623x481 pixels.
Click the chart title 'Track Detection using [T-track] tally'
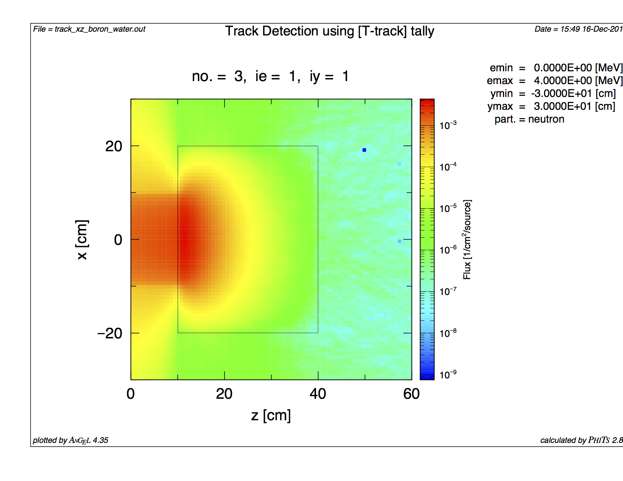click(x=329, y=31)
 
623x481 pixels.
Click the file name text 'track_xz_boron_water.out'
click(x=100, y=29)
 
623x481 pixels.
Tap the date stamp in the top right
click(x=578, y=29)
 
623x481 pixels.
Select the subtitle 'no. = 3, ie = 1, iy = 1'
click(x=270, y=76)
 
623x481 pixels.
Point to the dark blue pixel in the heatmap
click(x=364, y=150)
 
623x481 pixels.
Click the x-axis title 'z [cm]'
click(x=271, y=415)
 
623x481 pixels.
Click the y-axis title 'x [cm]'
click(x=82, y=240)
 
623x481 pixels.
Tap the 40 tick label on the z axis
click(x=318, y=394)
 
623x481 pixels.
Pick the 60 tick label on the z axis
click(x=411, y=394)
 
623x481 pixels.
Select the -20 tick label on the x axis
click(x=109, y=333)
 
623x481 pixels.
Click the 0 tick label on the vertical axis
click(x=118, y=240)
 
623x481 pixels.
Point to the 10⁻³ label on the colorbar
click(x=448, y=125)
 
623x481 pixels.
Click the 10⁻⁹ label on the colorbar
click(x=448, y=375)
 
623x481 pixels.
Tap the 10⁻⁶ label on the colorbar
click(x=448, y=250)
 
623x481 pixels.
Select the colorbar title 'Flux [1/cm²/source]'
click(x=467, y=240)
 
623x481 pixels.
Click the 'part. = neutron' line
click(x=529, y=119)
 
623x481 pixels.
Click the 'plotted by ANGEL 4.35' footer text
click(x=71, y=440)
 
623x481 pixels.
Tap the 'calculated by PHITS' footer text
click(x=581, y=440)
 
